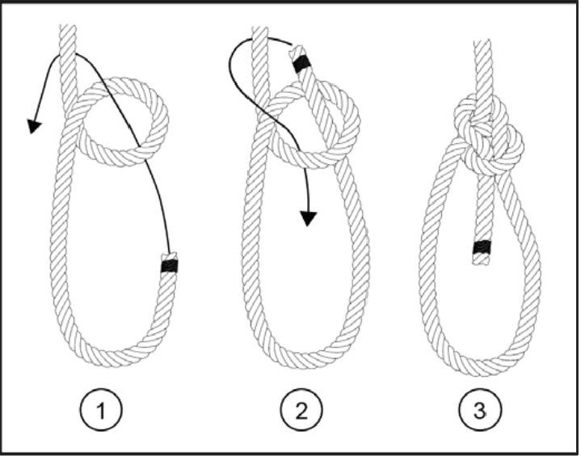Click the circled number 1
click(x=101, y=410)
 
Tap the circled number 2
click(x=301, y=410)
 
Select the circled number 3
click(x=480, y=410)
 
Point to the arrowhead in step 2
click(x=308, y=218)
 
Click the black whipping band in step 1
click(x=170, y=266)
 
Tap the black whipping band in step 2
click(x=301, y=64)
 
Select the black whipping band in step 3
click(x=482, y=247)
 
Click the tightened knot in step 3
click(x=488, y=133)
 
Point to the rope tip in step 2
click(x=297, y=50)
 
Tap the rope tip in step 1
click(x=170, y=256)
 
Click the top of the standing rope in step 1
click(x=67, y=26)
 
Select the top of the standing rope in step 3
click(x=482, y=42)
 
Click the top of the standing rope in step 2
click(x=260, y=27)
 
